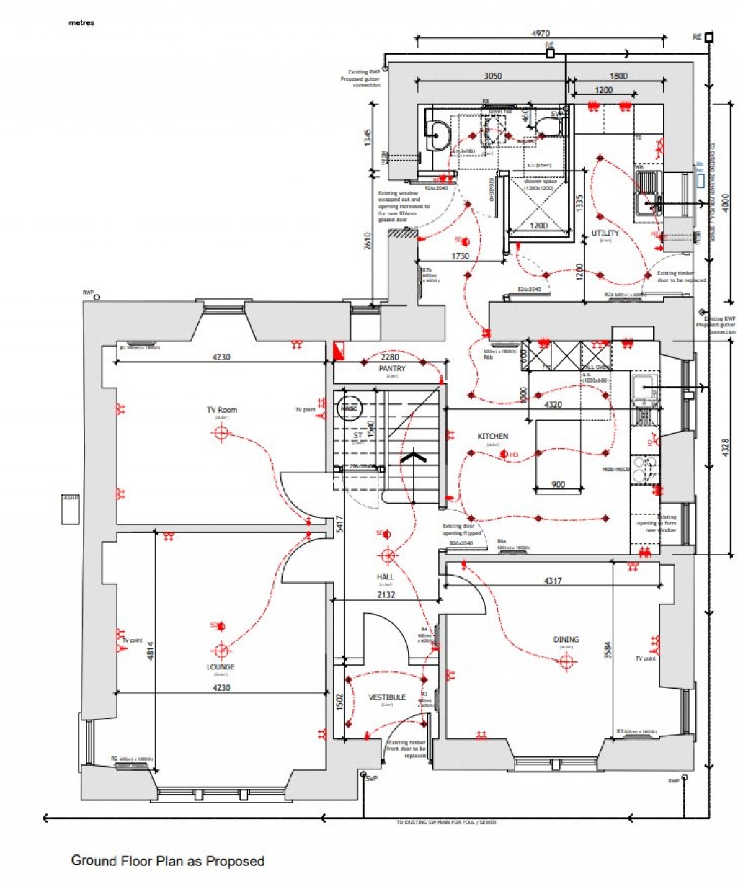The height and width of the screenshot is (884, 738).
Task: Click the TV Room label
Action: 221,410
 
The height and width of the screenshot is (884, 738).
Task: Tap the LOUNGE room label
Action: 221,666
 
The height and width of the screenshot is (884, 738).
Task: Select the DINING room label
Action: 566,639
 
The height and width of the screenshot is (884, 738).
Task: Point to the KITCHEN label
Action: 493,436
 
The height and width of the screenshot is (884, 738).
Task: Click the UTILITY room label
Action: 605,233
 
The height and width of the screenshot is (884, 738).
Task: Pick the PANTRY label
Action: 392,368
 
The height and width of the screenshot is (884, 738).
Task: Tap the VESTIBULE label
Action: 387,697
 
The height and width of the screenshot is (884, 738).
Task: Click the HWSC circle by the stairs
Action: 350,408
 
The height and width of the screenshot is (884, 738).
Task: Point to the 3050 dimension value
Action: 492,76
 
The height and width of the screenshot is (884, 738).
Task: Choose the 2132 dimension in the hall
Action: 386,594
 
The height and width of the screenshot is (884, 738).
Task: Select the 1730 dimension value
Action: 461,256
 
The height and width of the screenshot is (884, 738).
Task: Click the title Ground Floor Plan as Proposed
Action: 167,860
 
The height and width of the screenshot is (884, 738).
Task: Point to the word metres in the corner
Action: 81,22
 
